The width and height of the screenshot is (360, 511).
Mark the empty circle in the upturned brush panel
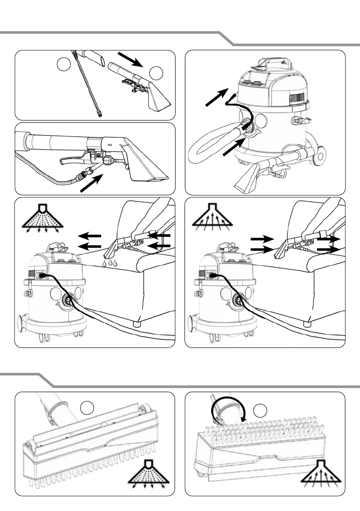tap(260, 411)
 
